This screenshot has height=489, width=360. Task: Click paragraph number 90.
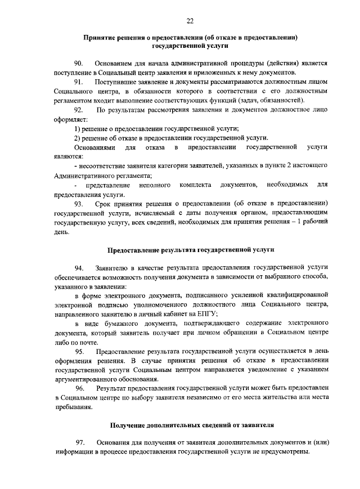79,64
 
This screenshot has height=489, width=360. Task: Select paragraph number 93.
79,203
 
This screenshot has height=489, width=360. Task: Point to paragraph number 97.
79,443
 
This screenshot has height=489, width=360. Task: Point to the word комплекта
196,185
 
